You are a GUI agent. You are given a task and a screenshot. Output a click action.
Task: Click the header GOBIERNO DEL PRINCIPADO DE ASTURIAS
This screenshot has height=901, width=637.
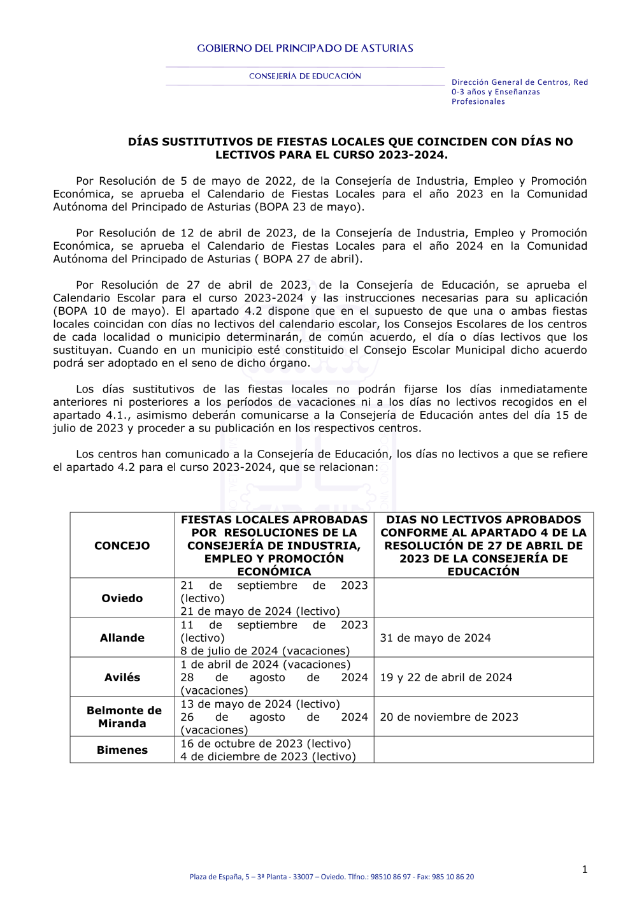[304, 48]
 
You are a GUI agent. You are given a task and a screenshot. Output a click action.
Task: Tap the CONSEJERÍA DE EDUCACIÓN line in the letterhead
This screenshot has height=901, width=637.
[304, 76]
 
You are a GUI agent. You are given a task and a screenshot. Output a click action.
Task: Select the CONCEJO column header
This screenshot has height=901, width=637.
[122, 545]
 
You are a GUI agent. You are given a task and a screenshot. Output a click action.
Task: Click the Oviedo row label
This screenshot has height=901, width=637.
[122, 598]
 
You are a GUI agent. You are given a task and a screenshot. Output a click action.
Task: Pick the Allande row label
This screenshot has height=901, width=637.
[122, 638]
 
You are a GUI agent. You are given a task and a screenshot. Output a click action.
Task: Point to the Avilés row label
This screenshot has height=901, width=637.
[122, 677]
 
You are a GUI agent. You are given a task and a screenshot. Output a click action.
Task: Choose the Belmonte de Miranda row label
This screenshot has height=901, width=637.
[124, 717]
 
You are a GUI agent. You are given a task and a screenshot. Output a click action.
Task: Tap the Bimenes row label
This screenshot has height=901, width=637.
[122, 750]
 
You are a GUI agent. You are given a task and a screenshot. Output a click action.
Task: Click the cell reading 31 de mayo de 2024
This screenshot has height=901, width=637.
[435, 638]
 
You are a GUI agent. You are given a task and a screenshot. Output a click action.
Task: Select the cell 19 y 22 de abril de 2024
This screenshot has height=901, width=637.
[446, 677]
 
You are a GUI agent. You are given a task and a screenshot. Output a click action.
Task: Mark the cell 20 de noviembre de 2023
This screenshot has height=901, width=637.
[449, 717]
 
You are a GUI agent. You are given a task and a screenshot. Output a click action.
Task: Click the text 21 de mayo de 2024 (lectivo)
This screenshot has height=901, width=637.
[260, 612]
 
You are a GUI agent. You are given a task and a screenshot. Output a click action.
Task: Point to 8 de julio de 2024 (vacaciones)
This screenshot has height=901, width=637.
[265, 651]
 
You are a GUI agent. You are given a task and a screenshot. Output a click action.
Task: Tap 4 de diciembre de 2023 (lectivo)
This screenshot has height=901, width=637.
[268, 757]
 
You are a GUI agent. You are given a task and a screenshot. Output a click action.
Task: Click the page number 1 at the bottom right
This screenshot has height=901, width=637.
[584, 870]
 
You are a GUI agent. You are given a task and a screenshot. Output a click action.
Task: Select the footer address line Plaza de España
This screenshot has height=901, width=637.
[331, 877]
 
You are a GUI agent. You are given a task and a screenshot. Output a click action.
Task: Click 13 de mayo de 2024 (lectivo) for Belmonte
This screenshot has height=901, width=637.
[260, 704]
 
